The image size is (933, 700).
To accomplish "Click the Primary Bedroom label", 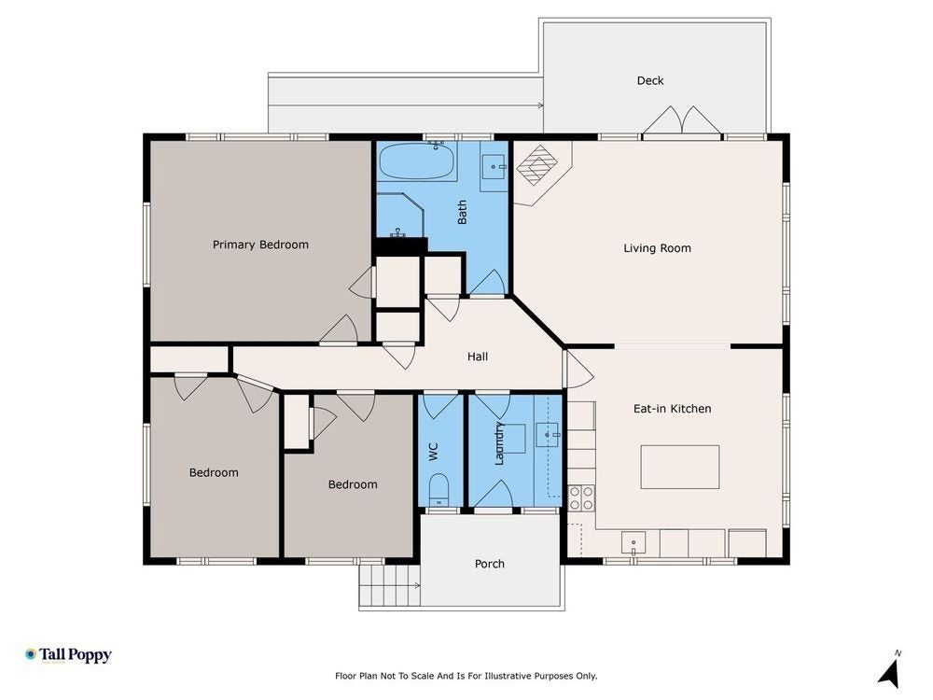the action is (x=260, y=245).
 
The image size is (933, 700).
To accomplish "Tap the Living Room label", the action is (x=658, y=248).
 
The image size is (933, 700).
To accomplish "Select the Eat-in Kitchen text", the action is (x=673, y=409).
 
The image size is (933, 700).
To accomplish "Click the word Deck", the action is (x=649, y=80).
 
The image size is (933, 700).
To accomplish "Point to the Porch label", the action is (x=490, y=564).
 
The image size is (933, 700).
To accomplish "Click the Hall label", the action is (x=477, y=357).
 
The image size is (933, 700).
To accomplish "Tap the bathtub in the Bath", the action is (x=417, y=161).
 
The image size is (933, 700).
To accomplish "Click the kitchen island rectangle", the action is (x=679, y=467).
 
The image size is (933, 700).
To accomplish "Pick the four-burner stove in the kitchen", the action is (x=580, y=498).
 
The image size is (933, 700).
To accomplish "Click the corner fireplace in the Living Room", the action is (x=538, y=165).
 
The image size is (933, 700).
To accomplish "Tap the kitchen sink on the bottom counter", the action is (x=634, y=543).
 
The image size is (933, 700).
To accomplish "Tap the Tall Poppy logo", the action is (x=68, y=655).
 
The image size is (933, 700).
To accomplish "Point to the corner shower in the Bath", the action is (x=400, y=215).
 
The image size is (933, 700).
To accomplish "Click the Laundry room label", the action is (x=499, y=443).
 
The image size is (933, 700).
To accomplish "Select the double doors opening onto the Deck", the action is (x=682, y=121).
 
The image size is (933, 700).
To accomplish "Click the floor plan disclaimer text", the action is (x=466, y=676).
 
